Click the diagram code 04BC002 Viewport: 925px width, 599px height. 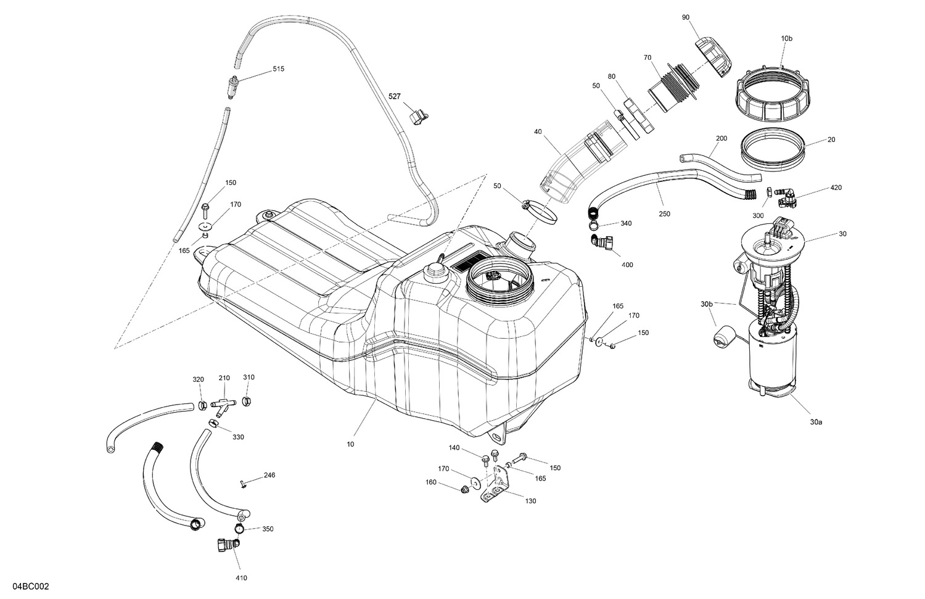point(25,586)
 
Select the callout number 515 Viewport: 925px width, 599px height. point(278,69)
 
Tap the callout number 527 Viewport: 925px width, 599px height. point(394,97)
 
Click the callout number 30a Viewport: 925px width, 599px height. point(816,423)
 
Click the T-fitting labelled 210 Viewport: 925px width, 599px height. point(224,404)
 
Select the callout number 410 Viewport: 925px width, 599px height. point(241,578)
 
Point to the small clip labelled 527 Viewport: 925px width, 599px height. point(419,115)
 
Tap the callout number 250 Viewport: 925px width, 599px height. point(664,214)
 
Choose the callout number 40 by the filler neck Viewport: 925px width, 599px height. point(538,131)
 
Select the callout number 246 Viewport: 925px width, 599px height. point(269,476)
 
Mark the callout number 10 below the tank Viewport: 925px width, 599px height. point(350,444)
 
